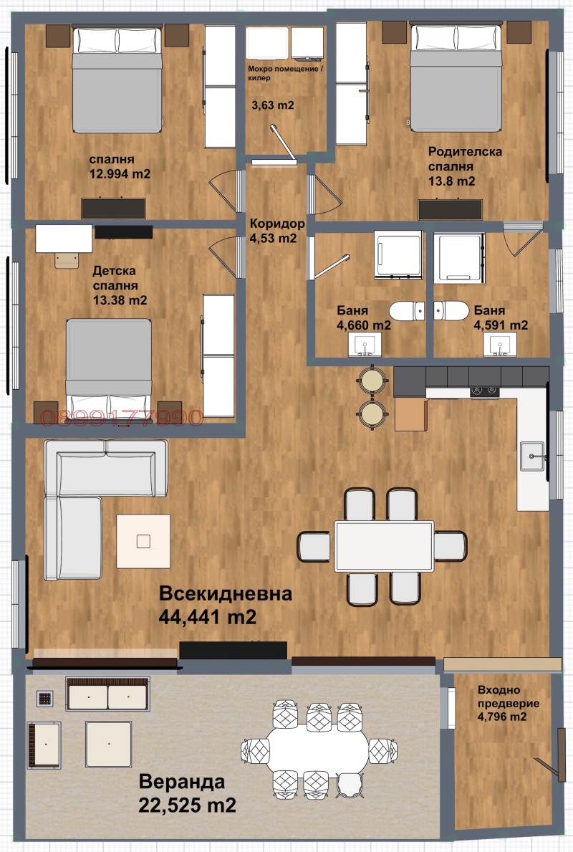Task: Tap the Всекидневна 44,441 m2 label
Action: (x=225, y=605)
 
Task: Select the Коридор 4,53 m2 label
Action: (x=276, y=231)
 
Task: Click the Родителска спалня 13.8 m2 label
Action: (x=465, y=166)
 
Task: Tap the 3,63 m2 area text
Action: (x=272, y=105)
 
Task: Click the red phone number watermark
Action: (x=122, y=418)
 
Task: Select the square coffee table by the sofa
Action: (x=143, y=540)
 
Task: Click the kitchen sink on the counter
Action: (x=531, y=454)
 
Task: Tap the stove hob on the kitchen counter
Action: (x=484, y=391)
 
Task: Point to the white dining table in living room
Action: (x=384, y=545)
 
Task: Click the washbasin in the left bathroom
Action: (x=365, y=347)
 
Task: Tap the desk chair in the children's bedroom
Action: (x=67, y=257)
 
